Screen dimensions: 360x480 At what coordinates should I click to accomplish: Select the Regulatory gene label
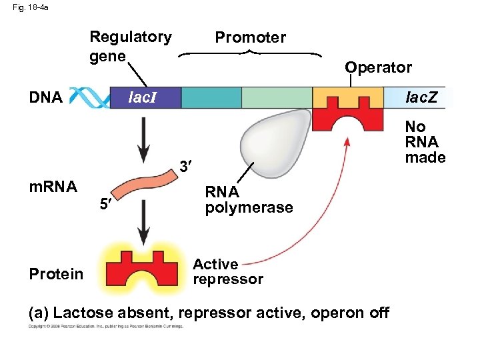coord(130,46)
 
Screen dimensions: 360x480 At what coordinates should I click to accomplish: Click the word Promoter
coord(250,38)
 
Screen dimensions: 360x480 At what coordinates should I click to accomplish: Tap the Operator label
coord(378,67)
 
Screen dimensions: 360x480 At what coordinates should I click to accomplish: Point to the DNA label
coord(46,98)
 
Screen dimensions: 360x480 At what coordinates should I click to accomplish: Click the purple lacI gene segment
coord(143,98)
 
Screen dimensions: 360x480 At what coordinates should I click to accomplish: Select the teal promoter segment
coord(211,98)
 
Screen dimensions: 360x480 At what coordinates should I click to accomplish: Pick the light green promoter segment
coord(276,98)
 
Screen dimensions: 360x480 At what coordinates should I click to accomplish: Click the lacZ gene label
coord(422,98)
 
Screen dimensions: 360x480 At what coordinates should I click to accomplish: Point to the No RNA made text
coord(425,142)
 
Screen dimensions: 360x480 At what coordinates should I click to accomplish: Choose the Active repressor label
coord(227,272)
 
